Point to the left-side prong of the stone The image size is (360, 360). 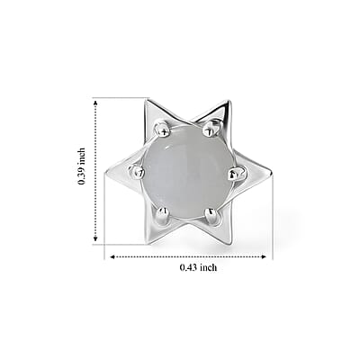coord(137,172)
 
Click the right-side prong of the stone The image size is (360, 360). coord(237,174)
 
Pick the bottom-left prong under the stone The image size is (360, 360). coord(163,214)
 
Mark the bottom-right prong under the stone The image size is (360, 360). coord(211,215)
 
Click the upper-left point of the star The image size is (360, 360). coord(146,101)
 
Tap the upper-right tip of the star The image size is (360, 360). coord(229,102)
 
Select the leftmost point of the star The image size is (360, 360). coord(105,173)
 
